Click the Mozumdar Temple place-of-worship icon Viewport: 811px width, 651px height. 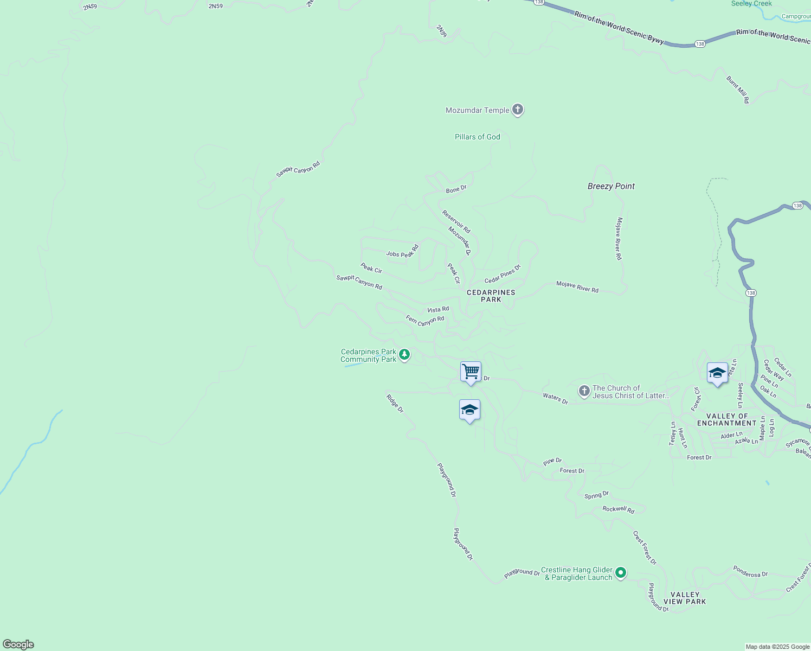pos(518,110)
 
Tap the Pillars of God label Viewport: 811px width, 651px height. pos(477,137)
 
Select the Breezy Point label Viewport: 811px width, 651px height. pos(611,186)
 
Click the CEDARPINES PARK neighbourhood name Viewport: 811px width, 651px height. pos(491,296)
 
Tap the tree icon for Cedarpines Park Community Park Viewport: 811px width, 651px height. pos(404,355)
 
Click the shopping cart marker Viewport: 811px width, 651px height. pos(471,372)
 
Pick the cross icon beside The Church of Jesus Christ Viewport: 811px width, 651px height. pos(584,391)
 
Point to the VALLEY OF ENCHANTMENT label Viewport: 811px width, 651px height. pos(726,419)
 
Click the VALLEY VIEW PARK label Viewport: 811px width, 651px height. pos(685,598)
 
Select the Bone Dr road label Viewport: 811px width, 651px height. pos(456,189)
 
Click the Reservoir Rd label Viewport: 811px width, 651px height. pos(456,221)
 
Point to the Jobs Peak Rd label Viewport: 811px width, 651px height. pos(402,252)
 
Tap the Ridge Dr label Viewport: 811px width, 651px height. pos(395,403)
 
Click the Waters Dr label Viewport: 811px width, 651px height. pos(555,399)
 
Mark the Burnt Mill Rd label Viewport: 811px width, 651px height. pos(738,90)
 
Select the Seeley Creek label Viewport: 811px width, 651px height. pos(751,4)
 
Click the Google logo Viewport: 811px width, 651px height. pos(18,644)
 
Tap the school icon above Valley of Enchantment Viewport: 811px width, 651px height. pos(717,373)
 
